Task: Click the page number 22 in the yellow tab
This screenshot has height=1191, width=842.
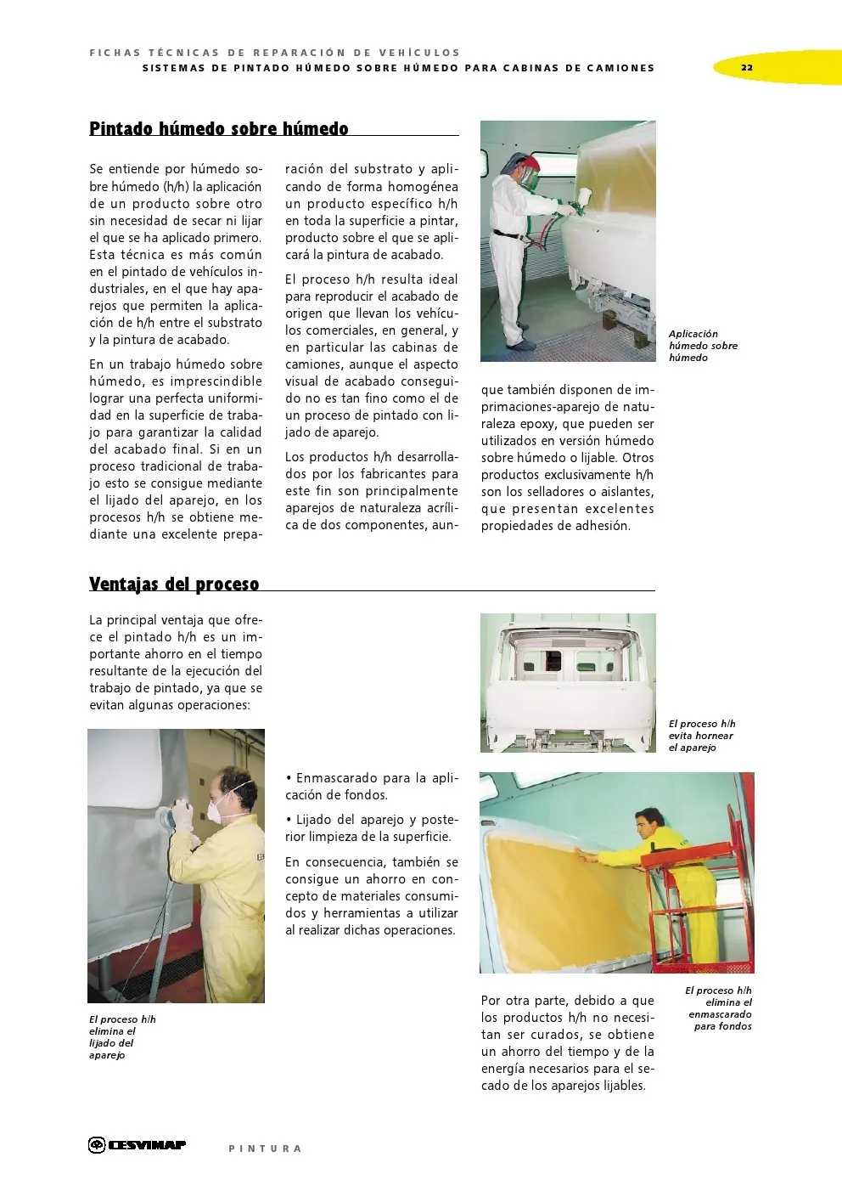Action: [746, 68]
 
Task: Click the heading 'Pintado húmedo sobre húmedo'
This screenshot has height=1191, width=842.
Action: [219, 129]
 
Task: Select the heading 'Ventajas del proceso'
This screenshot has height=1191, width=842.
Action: [174, 584]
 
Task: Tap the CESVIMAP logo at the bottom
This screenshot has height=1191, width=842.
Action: [138, 1145]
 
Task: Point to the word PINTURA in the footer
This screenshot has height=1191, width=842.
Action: [265, 1149]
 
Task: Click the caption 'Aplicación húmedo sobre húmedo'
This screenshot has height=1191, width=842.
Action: [703, 346]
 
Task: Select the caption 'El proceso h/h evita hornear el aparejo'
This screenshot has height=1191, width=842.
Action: [702, 736]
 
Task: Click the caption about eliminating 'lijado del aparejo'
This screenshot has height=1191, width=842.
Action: [122, 1037]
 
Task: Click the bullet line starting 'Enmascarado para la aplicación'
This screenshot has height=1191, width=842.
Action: [371, 787]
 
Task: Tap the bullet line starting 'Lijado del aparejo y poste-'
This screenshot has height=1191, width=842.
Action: [371, 828]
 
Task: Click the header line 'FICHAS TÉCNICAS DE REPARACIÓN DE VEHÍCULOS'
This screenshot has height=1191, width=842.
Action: [275, 53]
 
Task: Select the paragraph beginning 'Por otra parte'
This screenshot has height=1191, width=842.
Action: [567, 1043]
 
